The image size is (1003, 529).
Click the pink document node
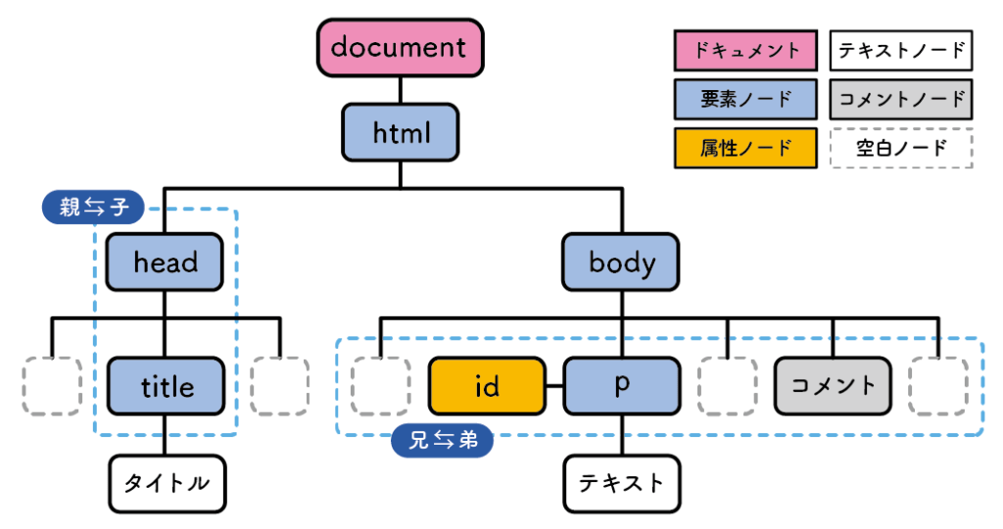(400, 48)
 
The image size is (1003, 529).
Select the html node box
(401, 132)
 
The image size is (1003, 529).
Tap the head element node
(166, 262)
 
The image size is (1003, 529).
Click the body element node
(621, 262)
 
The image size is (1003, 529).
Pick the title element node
(166, 386)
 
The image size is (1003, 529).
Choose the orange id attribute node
(487, 386)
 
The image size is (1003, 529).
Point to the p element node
(621, 386)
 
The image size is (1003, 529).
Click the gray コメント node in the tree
(834, 386)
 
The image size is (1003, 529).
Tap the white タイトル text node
(166, 483)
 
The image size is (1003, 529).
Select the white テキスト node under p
(621, 483)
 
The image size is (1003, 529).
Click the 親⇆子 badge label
(94, 207)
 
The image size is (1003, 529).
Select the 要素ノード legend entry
(746, 99)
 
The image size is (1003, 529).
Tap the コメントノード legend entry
(901, 99)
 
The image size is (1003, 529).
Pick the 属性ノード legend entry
(746, 148)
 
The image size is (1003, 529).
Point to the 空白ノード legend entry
(901, 148)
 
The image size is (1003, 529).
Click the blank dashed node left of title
(52, 386)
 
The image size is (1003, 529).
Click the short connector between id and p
(554, 386)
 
